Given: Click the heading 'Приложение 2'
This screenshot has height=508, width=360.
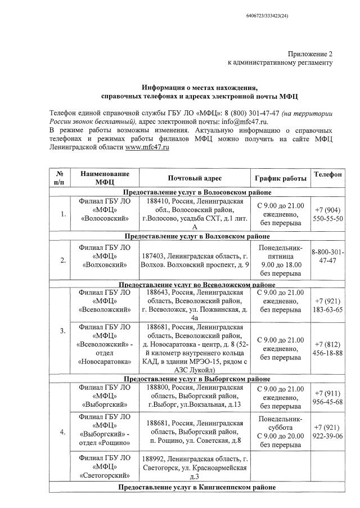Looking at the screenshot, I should click(x=310, y=54).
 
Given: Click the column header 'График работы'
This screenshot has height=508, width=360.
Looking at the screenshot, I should click(x=279, y=178).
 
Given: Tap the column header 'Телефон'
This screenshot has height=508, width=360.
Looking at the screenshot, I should click(x=327, y=174).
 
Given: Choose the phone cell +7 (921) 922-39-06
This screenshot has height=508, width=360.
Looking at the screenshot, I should click(x=327, y=431).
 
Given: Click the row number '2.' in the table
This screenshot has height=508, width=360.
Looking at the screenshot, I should click(x=64, y=260).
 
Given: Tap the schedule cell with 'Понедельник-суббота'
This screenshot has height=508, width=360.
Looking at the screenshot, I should click(x=279, y=431).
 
